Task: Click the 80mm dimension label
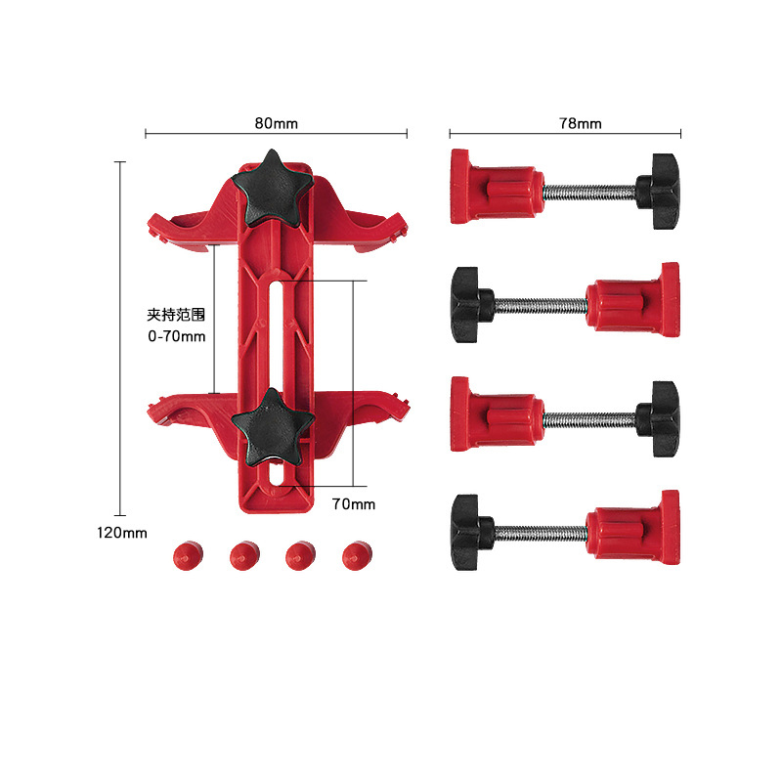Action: point(276,123)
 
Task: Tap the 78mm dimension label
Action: point(581,123)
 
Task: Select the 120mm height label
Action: point(121,533)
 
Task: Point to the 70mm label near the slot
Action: point(353,504)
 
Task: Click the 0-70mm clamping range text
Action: point(176,336)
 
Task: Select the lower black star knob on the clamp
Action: point(273,425)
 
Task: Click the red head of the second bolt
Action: point(635,302)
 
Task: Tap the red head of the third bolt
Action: point(494,416)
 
